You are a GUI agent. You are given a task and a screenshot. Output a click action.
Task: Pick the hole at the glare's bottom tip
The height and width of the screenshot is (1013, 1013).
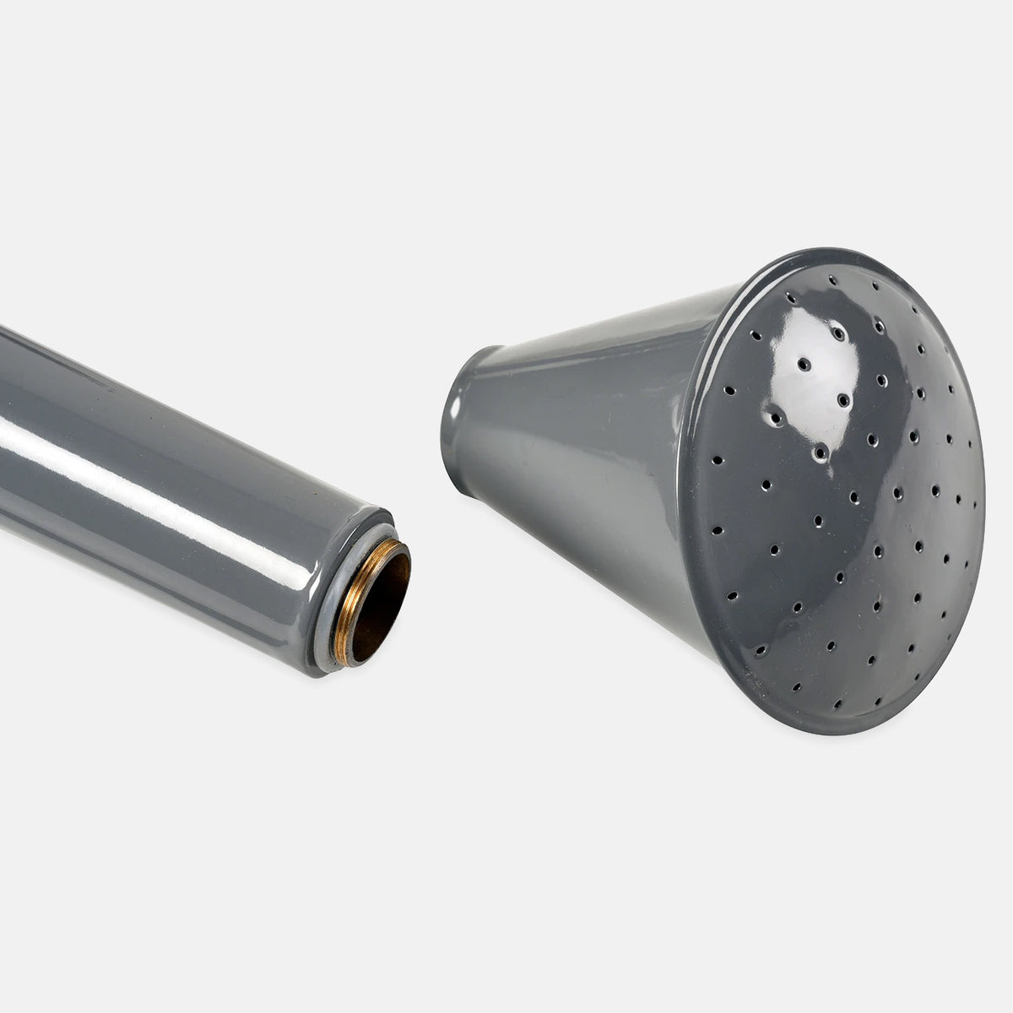point(819,452)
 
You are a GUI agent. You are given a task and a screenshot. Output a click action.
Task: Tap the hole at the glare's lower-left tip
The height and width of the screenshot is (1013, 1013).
point(775,417)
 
